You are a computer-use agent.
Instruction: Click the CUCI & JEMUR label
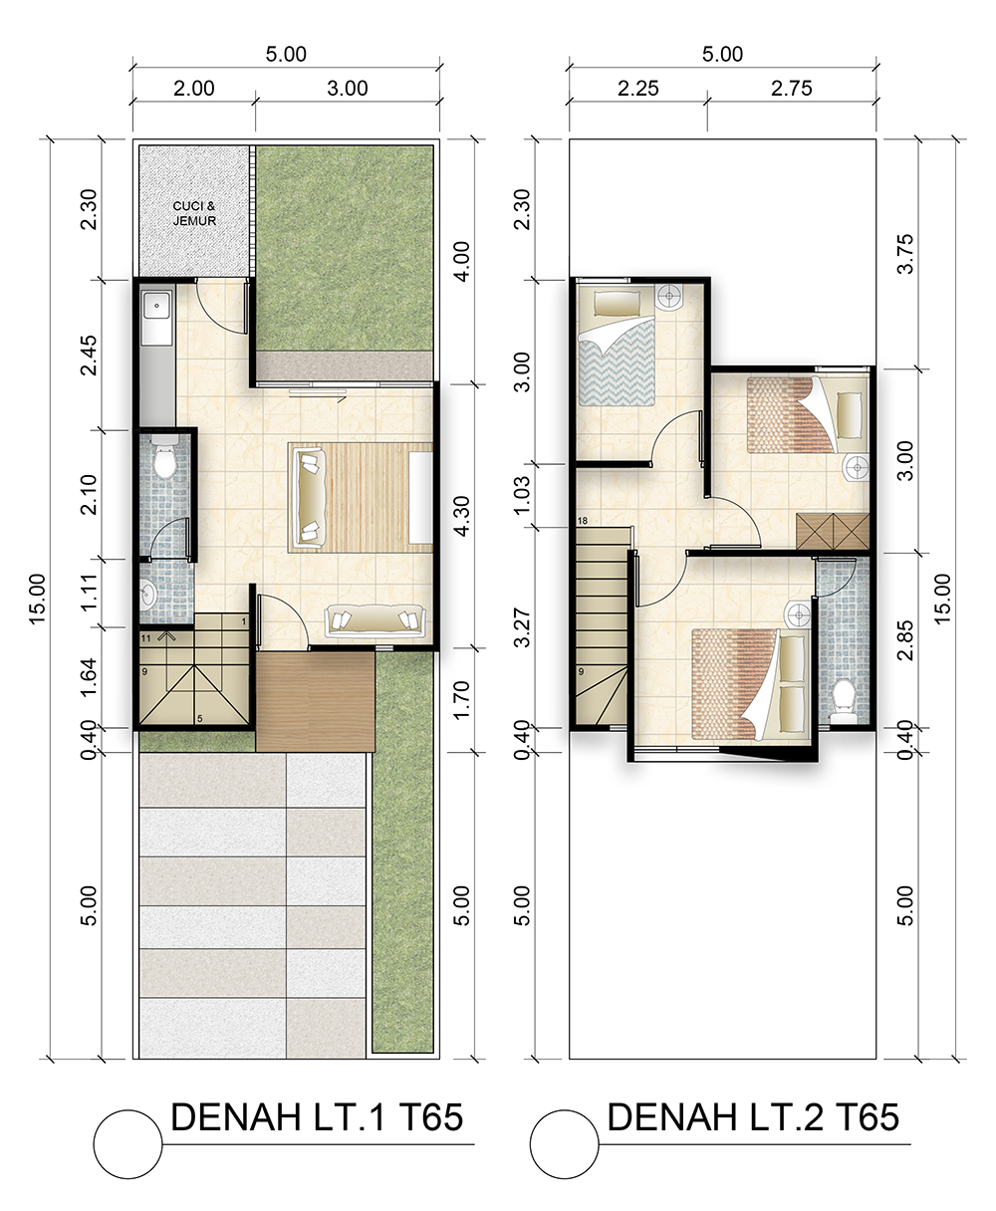pyautogui.click(x=195, y=213)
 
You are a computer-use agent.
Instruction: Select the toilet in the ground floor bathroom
pyautogui.click(x=165, y=456)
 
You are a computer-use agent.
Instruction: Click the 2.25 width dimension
pyautogui.click(x=637, y=89)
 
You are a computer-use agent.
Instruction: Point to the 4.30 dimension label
pyautogui.click(x=461, y=516)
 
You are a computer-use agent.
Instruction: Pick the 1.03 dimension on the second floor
pyautogui.click(x=522, y=495)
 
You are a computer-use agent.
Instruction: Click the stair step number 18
pyautogui.click(x=583, y=521)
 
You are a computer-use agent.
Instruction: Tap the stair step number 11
pyautogui.click(x=145, y=638)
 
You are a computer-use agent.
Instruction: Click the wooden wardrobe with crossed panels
pyautogui.click(x=833, y=532)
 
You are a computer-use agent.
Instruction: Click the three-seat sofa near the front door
pyautogui.click(x=375, y=620)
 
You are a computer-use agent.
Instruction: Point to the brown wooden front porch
pyautogui.click(x=316, y=701)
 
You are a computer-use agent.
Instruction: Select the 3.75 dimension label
pyautogui.click(x=904, y=253)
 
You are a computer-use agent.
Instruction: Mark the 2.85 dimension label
pyautogui.click(x=904, y=640)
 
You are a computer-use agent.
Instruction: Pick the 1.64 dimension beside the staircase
pyautogui.click(x=89, y=677)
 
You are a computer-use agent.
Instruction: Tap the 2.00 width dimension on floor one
pyautogui.click(x=193, y=89)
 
